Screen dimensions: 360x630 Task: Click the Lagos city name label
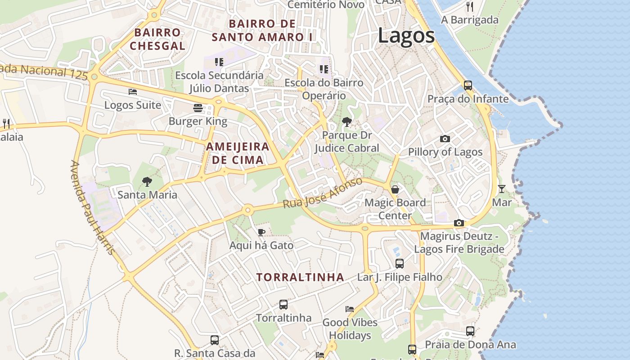tap(406, 36)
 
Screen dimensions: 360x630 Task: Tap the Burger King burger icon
tap(198, 108)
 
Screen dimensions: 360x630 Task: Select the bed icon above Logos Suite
tap(133, 92)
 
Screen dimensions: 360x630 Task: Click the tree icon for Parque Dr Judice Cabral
tap(346, 121)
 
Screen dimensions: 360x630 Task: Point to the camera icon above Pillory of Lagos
tap(445, 139)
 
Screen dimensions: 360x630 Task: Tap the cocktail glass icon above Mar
tap(502, 189)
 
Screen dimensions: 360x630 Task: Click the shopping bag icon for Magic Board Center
tap(395, 189)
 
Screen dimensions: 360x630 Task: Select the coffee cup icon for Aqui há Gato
tap(261, 232)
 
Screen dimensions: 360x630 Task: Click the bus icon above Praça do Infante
tap(468, 85)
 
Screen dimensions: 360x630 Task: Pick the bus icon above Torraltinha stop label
tap(283, 305)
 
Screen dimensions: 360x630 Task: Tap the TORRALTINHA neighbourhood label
tap(301, 277)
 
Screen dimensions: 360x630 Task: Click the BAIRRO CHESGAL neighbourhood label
tap(157, 39)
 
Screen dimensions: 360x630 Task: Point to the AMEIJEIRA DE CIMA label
tap(238, 153)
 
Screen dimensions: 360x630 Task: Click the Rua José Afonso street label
tap(323, 193)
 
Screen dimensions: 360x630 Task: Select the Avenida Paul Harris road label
tap(93, 207)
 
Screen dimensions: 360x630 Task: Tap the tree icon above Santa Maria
tap(147, 182)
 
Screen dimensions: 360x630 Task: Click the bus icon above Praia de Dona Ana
tap(470, 331)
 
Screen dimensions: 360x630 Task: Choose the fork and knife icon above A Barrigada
tap(470, 6)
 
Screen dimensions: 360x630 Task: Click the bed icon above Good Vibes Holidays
tap(350, 309)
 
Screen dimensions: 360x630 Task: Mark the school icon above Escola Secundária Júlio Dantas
tap(219, 62)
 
